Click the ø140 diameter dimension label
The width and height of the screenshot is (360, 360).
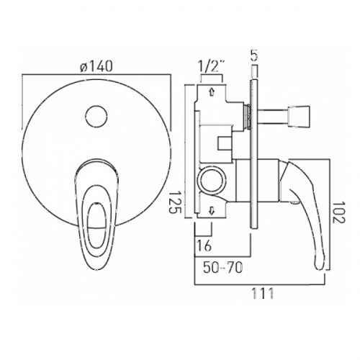(96, 66)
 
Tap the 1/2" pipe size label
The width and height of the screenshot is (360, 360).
(212, 68)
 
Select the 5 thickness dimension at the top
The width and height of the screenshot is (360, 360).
(254, 55)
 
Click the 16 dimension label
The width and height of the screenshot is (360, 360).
(204, 246)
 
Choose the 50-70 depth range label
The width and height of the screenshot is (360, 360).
(223, 268)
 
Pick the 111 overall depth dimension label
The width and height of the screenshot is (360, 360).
(262, 293)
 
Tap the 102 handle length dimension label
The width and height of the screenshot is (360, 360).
(339, 212)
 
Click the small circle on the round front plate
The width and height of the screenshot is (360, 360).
(96, 116)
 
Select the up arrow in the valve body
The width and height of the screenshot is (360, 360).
(212, 91)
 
